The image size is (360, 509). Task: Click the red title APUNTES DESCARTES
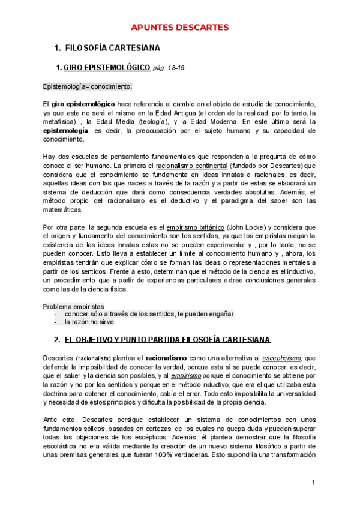pos(180,27)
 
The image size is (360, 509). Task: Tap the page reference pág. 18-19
pos(169,68)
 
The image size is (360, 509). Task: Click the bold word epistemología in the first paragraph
pos(66,130)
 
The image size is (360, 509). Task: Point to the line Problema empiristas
pos(73,306)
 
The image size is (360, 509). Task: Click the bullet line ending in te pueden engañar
pos(149,314)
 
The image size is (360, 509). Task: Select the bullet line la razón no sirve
pos(91,322)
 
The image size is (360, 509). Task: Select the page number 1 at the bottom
pos(314,483)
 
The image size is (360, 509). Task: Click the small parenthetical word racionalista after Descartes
pos(92,358)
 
